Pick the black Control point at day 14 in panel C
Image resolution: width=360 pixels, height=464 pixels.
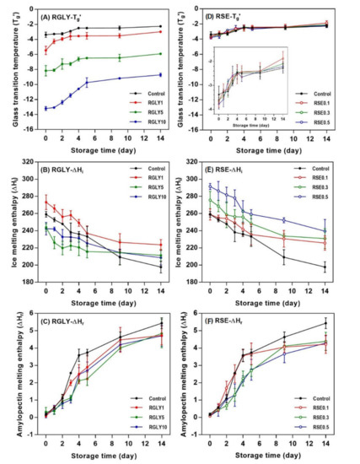tap(161, 323)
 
